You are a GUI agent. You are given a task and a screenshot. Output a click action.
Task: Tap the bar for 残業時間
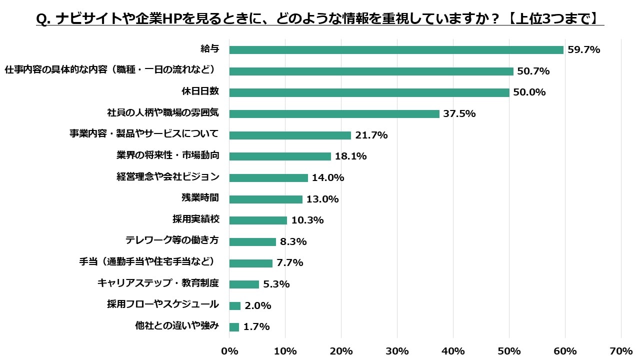point(265,199)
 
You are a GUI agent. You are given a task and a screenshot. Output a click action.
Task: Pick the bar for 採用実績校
point(258,220)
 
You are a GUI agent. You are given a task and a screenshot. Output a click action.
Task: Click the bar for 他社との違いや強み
point(234,327)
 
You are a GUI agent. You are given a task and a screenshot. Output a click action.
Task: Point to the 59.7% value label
point(583,50)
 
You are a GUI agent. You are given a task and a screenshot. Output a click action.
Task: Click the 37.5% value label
point(459,114)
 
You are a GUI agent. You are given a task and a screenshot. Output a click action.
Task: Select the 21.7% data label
point(371,135)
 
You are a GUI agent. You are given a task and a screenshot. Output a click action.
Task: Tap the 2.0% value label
point(258,305)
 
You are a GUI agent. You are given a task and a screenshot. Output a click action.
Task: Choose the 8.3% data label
point(293,242)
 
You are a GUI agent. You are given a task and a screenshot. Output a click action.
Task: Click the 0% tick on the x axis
point(229,351)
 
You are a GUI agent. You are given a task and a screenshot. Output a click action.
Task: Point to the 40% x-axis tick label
point(453,351)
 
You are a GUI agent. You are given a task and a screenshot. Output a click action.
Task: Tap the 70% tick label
point(621,351)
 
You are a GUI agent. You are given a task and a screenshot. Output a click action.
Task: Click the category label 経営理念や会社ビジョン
point(167,177)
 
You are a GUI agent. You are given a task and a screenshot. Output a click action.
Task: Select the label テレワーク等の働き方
point(172,240)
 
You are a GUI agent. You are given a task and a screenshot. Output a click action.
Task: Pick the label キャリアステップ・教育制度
point(158,283)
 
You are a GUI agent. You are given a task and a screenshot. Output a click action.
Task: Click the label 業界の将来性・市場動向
point(167,155)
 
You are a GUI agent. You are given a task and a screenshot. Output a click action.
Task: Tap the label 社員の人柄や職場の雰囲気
point(163,113)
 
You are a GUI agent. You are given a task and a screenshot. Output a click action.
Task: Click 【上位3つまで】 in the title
point(555,18)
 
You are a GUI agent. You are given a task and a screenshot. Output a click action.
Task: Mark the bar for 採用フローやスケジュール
point(235,305)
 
